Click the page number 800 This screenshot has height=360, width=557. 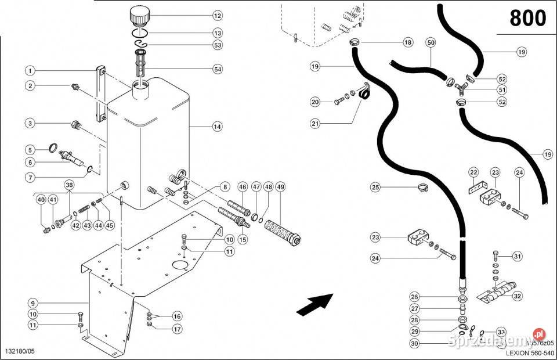click(x=527, y=19)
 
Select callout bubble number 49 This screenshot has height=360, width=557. click(x=280, y=187)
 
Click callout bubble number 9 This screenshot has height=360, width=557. click(x=33, y=303)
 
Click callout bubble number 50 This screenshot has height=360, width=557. click(x=430, y=42)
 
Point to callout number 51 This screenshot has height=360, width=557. click(x=502, y=89)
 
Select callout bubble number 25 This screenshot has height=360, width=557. click(x=375, y=187)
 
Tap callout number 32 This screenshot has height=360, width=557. click(x=518, y=294)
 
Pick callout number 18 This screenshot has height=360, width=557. click(x=408, y=42)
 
